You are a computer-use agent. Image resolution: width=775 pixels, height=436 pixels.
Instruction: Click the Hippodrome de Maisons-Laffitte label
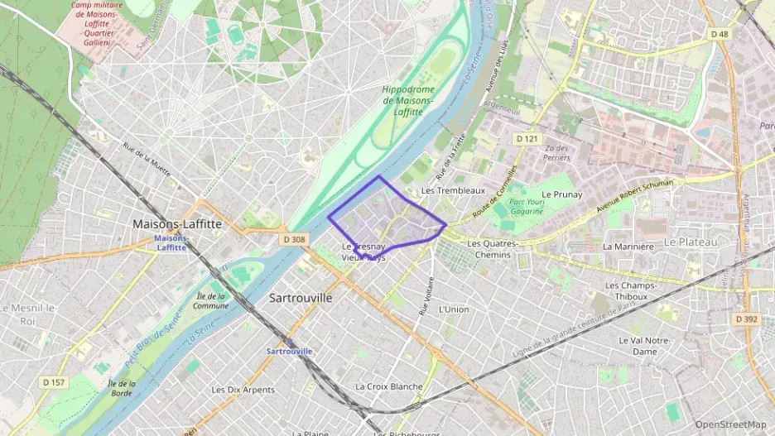point(408,100)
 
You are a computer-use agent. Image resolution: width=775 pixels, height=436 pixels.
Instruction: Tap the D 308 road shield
point(294,239)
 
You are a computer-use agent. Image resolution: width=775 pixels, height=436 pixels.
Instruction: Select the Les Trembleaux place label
point(453,190)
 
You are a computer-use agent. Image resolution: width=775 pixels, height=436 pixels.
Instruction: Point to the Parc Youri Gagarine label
point(527,206)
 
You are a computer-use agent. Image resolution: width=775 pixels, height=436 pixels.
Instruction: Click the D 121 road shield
point(526,138)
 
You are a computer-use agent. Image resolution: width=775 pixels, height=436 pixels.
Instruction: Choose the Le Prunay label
point(562,194)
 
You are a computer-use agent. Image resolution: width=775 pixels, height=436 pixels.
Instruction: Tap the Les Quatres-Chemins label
point(493,249)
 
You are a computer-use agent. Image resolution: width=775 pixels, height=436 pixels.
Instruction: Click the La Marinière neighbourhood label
point(630,246)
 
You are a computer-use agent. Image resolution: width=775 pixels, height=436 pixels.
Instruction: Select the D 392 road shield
point(746,318)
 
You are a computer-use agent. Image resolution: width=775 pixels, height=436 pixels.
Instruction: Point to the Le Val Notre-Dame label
point(643,346)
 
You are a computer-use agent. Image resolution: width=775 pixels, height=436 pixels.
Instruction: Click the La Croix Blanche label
point(389,386)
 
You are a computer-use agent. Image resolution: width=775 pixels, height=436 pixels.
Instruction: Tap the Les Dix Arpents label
point(243,390)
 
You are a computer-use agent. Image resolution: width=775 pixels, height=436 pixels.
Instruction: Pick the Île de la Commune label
point(211,300)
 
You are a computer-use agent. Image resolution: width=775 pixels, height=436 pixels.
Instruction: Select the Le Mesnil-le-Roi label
point(29,314)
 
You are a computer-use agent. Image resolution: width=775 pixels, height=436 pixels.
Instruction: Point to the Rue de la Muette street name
point(147,161)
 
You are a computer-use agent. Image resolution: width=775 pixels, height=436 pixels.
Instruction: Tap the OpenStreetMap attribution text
point(730,424)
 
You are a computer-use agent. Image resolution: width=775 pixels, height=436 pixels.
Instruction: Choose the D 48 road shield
point(720,34)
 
